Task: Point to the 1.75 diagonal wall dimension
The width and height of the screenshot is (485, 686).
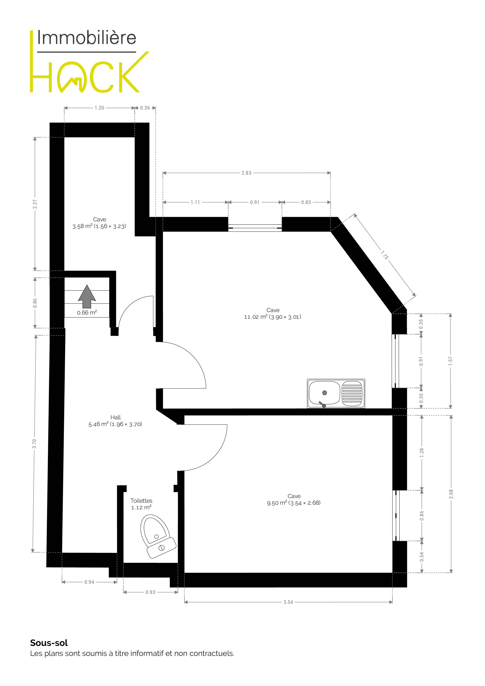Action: pyautogui.click(x=385, y=255)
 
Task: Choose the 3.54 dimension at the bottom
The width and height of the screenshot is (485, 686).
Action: pyautogui.click(x=288, y=602)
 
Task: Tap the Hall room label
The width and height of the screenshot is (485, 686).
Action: pyautogui.click(x=116, y=417)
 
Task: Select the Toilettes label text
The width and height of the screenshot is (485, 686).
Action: pyautogui.click(x=141, y=500)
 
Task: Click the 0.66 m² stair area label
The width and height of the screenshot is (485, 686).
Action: pyautogui.click(x=87, y=312)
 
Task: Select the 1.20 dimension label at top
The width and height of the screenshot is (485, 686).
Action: pyautogui.click(x=100, y=108)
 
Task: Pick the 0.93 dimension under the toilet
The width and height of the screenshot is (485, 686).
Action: pyautogui.click(x=151, y=592)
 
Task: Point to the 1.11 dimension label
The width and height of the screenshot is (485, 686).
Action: pyautogui.click(x=195, y=202)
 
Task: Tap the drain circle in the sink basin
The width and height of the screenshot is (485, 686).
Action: pyautogui.click(x=324, y=393)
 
